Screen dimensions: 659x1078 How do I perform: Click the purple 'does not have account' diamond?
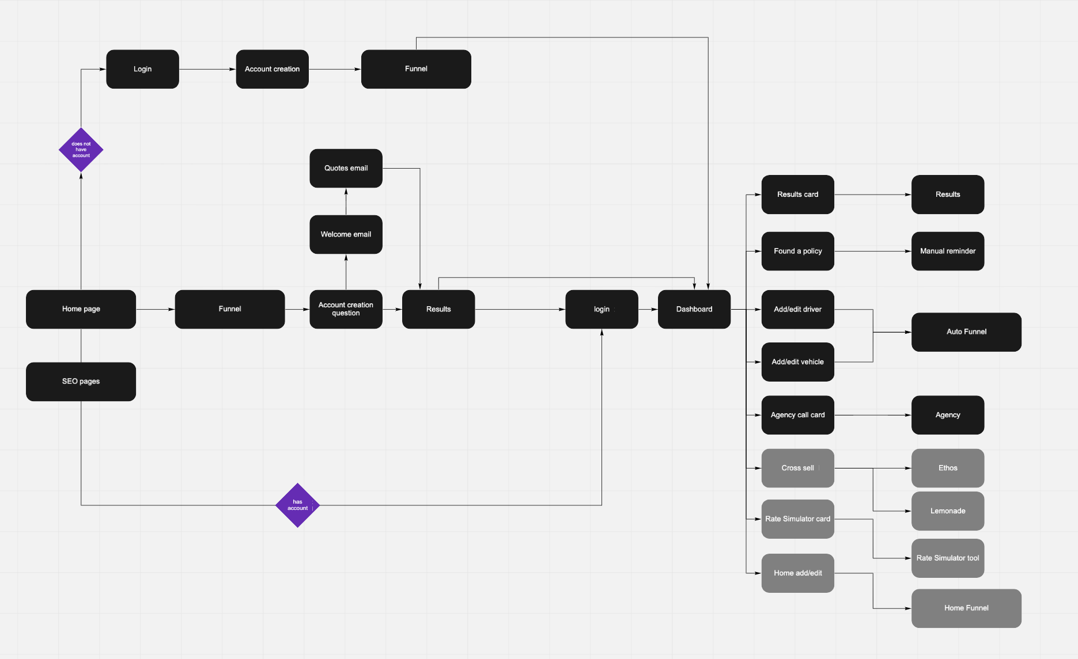pos(81,150)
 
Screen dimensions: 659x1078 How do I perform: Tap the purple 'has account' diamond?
pos(297,505)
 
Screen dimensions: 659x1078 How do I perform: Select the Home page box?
pos(81,309)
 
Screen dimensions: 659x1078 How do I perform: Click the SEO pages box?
pos(81,381)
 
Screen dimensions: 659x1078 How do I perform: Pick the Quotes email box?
pos(346,168)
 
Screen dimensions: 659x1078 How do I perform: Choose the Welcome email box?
pos(346,234)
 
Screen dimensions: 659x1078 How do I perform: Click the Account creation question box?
pos(346,309)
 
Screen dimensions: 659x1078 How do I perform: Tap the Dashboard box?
pos(694,309)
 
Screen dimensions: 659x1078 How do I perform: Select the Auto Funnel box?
pos(966,332)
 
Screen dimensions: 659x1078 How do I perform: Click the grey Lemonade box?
pos(947,511)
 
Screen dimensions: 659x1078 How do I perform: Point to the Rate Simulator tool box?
pos(947,558)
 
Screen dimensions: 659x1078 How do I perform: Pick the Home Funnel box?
pos(966,608)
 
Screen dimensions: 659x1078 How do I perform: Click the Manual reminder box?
pos(947,251)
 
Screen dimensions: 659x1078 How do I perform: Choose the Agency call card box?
pos(797,414)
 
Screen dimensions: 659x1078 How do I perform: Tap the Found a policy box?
pos(797,251)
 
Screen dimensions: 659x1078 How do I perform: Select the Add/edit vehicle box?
pos(797,361)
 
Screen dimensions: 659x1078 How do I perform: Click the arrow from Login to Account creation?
pos(207,69)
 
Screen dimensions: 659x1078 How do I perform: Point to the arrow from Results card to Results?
pos(872,195)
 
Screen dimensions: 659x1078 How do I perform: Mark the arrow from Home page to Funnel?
pos(155,309)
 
